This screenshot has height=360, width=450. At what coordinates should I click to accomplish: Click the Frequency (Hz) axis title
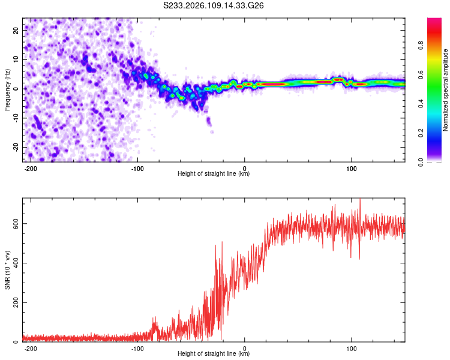(x=7, y=90)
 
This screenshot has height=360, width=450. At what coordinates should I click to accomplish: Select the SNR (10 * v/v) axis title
(x=7, y=270)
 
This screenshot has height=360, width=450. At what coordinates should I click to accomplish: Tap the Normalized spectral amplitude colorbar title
(x=446, y=90)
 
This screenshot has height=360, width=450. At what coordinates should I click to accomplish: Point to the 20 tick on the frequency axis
(x=16, y=29)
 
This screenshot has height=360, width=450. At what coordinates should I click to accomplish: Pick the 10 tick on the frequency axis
(x=16, y=59)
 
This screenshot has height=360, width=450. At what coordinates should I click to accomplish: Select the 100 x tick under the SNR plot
(x=351, y=348)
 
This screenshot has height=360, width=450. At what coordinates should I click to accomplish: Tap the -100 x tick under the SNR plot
(x=138, y=348)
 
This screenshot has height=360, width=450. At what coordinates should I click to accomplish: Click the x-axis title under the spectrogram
(x=214, y=174)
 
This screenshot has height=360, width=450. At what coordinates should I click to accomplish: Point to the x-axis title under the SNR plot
(x=214, y=354)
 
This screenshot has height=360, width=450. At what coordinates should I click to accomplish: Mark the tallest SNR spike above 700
(x=360, y=200)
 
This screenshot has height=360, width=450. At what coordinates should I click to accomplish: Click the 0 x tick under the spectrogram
(x=245, y=167)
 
